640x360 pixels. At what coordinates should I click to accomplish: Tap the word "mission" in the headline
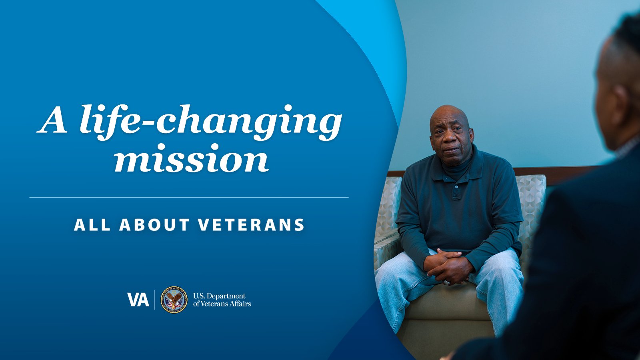192,158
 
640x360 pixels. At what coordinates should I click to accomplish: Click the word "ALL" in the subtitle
92,225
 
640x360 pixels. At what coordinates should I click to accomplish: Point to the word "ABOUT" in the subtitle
154,225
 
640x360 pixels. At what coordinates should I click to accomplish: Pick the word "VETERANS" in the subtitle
251,225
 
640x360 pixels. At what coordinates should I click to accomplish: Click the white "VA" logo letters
138,300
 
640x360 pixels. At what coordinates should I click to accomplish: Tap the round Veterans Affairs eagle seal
174,300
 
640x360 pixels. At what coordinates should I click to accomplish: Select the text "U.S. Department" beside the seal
219,296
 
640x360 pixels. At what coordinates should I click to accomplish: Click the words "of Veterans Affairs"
222,304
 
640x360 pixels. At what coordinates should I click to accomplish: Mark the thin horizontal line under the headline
189,198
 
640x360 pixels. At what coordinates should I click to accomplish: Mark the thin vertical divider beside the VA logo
154,300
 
